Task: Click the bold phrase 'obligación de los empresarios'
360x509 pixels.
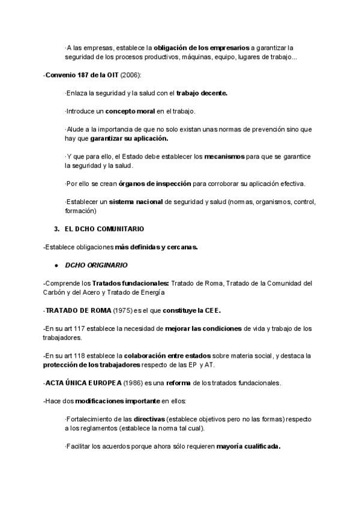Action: click(202, 47)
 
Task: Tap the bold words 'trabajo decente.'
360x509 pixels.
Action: click(202, 93)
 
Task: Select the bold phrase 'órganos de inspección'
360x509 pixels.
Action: click(155, 183)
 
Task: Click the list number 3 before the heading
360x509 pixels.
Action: click(56, 229)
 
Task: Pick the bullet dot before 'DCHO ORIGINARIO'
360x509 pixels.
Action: click(56, 265)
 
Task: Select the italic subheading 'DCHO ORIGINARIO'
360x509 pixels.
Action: click(96, 265)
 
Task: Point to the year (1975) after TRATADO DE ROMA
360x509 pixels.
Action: click(125, 310)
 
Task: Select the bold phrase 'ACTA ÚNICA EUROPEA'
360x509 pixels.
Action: click(83, 383)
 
